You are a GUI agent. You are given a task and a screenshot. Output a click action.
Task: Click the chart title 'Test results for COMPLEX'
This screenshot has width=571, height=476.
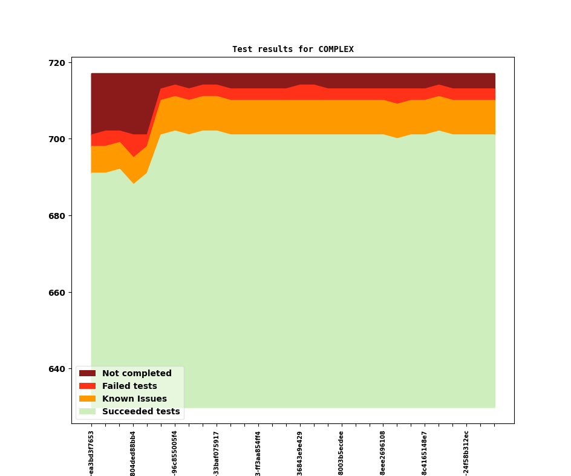[293, 50]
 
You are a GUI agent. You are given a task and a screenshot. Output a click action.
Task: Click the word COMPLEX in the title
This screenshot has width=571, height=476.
[336, 50]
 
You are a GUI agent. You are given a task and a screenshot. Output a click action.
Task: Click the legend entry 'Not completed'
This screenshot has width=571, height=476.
[137, 374]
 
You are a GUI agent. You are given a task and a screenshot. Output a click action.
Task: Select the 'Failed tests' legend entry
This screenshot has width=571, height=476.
[129, 386]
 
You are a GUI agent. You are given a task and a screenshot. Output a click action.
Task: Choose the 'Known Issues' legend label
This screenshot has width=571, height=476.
[134, 399]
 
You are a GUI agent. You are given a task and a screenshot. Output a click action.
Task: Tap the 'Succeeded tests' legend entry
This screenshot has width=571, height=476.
[141, 412]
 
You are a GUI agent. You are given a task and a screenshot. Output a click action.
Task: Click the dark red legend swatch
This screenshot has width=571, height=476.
[87, 374]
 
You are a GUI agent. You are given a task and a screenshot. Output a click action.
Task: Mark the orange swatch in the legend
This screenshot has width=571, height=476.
[87, 399]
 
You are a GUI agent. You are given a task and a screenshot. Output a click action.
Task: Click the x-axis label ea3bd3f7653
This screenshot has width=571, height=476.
[91, 453]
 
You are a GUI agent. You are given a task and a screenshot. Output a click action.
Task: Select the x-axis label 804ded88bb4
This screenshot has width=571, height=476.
[133, 453]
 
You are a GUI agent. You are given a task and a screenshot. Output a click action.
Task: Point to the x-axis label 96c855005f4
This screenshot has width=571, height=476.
[175, 453]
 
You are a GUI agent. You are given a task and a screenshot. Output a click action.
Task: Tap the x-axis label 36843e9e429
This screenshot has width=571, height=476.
[299, 453]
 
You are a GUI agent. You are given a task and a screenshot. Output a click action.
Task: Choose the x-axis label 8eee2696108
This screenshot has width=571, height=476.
[383, 453]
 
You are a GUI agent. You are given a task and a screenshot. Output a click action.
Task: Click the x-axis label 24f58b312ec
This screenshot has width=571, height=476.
[466, 453]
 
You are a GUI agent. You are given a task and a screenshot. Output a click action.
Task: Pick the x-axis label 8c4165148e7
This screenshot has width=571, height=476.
[425, 453]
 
